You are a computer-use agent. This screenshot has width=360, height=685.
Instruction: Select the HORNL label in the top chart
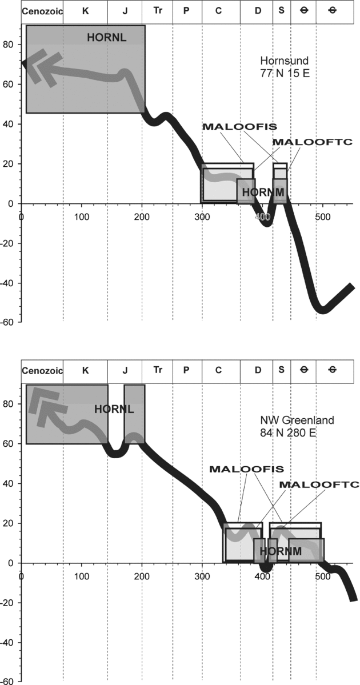pyautogui.click(x=106, y=37)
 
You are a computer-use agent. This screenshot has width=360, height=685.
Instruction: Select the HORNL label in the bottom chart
pyautogui.click(x=113, y=408)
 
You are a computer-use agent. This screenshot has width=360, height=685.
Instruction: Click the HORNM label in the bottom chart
pyautogui.click(x=279, y=551)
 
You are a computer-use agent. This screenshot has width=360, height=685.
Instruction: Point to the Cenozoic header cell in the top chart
pyautogui.click(x=42, y=11)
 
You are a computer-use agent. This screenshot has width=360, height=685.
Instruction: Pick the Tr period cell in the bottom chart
pyautogui.click(x=158, y=370)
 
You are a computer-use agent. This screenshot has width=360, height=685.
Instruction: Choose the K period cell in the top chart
pyautogui.click(x=85, y=11)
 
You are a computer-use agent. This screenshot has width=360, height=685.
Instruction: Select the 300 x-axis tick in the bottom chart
pyautogui.click(x=202, y=576)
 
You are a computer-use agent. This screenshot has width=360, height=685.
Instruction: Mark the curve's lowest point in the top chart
pyautogui.click(x=323, y=309)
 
